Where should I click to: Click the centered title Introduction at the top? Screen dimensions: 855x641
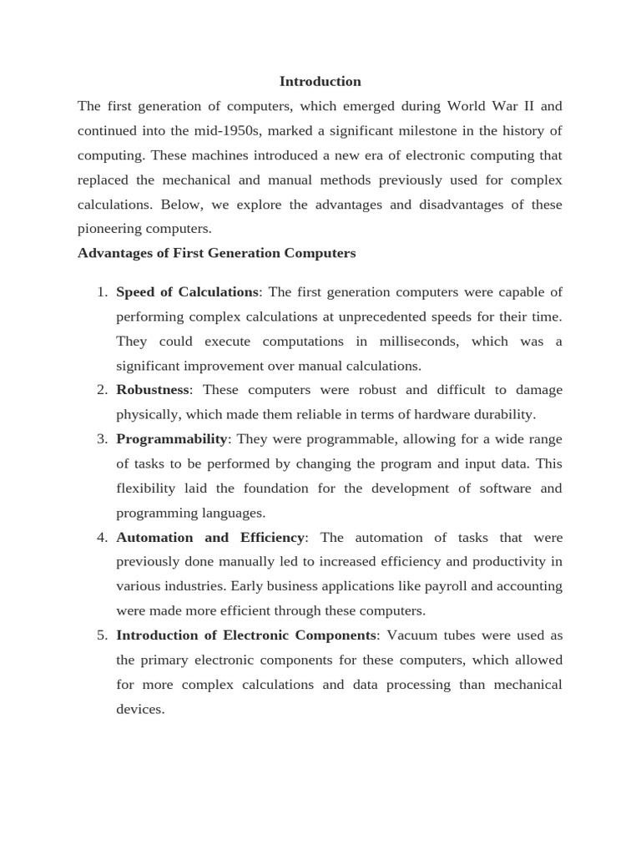point(320,82)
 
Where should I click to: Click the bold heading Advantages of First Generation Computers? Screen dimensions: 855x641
point(216,253)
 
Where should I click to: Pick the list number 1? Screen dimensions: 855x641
point(101,292)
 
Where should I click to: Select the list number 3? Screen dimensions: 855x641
point(101,439)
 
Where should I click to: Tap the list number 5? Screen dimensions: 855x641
point(101,635)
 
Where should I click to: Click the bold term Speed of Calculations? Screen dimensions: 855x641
point(187,292)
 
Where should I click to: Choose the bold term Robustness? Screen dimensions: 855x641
point(153,390)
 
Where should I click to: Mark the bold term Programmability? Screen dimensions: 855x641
point(171,439)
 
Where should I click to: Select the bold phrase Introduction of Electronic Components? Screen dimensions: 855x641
point(246,635)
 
